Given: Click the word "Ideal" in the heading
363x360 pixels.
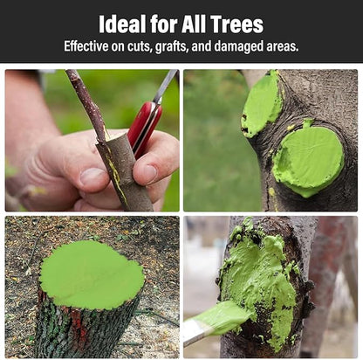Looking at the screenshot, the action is (122, 24).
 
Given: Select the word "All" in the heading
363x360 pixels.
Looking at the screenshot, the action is (194, 24).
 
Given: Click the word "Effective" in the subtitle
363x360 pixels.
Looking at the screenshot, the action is (86, 46).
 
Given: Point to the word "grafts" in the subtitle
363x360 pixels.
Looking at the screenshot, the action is (172, 47).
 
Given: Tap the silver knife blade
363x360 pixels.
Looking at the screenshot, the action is (166, 85).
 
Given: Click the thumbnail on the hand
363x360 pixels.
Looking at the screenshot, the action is (92, 177).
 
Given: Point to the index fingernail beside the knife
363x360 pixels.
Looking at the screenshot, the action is (150, 173).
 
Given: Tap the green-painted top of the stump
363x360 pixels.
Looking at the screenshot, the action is (92, 274).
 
